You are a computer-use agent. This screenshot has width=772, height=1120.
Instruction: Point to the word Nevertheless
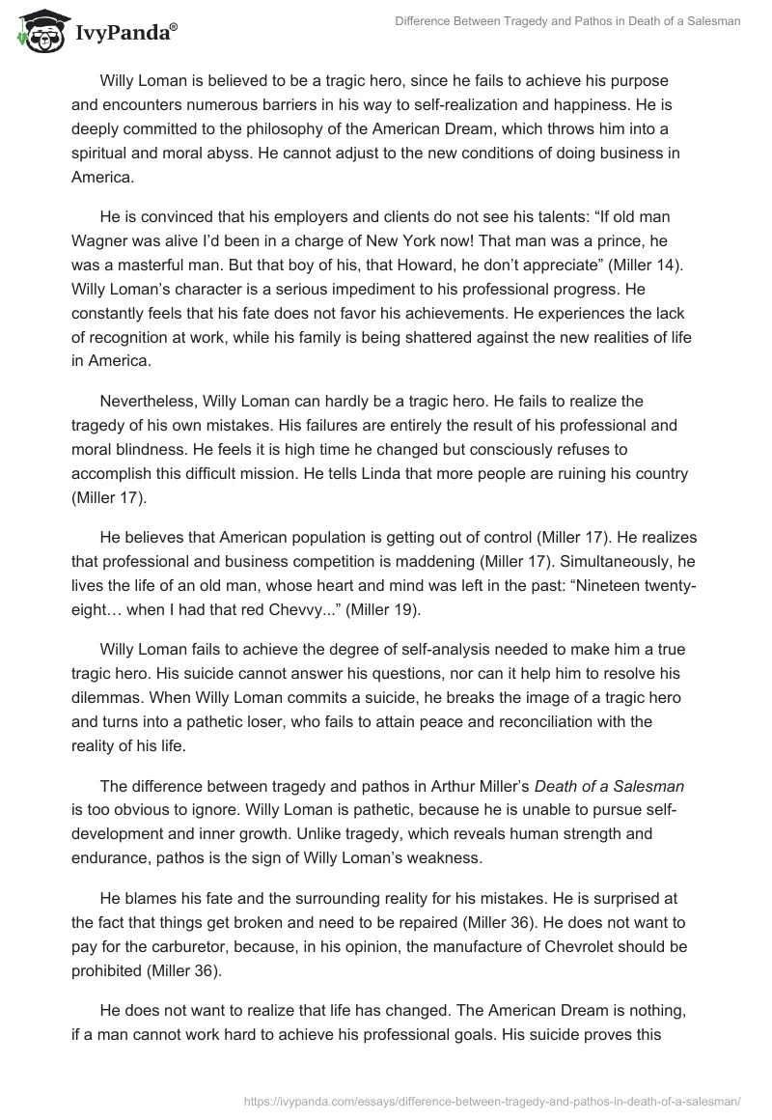click(147, 400)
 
